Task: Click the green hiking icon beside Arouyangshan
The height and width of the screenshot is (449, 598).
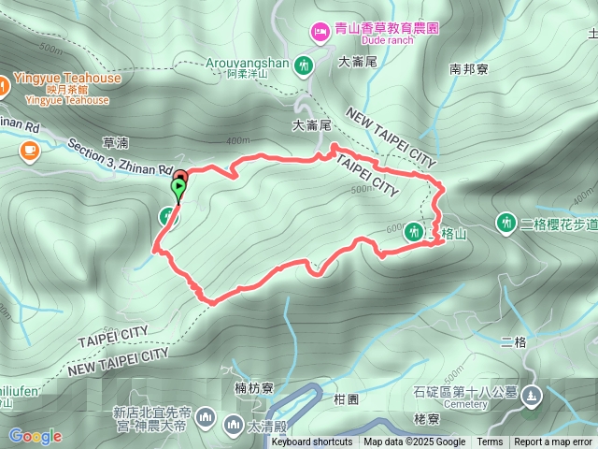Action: click(x=304, y=65)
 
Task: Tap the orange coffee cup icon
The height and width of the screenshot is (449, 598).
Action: click(x=31, y=148)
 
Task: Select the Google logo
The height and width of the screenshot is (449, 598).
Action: click(x=35, y=436)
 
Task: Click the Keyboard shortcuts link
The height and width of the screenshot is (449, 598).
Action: click(x=312, y=442)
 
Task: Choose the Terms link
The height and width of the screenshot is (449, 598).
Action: click(x=490, y=442)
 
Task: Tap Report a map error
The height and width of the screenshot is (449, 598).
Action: click(x=553, y=442)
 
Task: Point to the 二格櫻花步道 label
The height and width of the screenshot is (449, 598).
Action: click(x=559, y=223)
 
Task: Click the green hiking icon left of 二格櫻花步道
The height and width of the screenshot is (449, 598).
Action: click(x=506, y=223)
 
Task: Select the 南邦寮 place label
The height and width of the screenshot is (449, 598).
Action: click(x=468, y=68)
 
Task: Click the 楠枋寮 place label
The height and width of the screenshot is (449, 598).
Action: click(x=253, y=386)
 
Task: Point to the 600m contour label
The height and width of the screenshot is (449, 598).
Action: click(x=392, y=227)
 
